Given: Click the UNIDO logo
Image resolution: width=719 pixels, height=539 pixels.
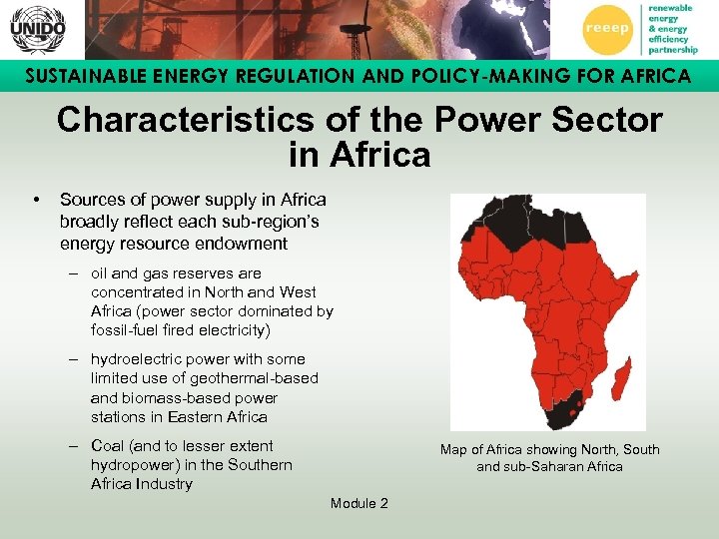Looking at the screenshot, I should tap(38, 29).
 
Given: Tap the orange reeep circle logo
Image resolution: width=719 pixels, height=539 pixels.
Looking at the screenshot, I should tap(613, 29).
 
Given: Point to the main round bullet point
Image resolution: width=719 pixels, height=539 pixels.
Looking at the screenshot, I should tap(36, 200).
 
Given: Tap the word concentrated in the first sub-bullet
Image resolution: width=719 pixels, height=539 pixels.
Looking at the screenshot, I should tap(134, 292).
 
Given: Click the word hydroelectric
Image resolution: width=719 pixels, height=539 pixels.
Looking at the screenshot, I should tap(136, 359).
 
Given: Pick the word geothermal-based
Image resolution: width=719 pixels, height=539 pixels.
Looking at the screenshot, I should tap(254, 378).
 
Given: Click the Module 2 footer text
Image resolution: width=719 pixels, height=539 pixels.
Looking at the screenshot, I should tap(359, 503).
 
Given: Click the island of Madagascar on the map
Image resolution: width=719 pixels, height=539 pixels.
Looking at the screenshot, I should tap(621, 377).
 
